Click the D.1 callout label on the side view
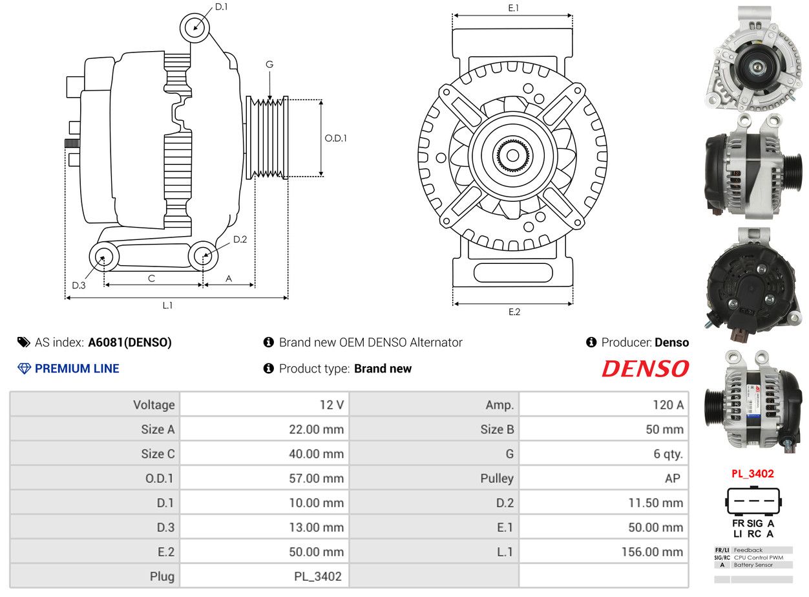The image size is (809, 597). click(221, 6)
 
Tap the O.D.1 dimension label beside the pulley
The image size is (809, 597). click(335, 138)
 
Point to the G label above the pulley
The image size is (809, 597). click(269, 65)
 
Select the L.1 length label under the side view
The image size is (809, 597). click(167, 305)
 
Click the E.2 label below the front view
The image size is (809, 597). click(514, 312)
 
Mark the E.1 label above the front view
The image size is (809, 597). click(513, 8)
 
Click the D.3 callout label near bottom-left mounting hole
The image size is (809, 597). click(79, 286)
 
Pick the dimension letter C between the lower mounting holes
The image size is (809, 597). click(151, 278)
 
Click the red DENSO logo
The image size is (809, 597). click(646, 369)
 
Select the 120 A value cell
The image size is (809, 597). click(668, 405)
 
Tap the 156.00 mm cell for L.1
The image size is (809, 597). click(652, 552)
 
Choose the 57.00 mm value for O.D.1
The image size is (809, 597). click(317, 479)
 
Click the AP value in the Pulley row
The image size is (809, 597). click(673, 479)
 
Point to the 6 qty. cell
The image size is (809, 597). click(668, 454)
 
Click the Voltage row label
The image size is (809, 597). click(154, 405)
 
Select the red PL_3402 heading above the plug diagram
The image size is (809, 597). click(753, 473)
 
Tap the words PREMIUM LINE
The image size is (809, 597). click(77, 369)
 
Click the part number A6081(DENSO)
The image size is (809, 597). click(130, 342)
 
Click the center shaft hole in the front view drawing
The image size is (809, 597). click(513, 155)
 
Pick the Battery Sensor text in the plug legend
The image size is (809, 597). click(753, 565)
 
